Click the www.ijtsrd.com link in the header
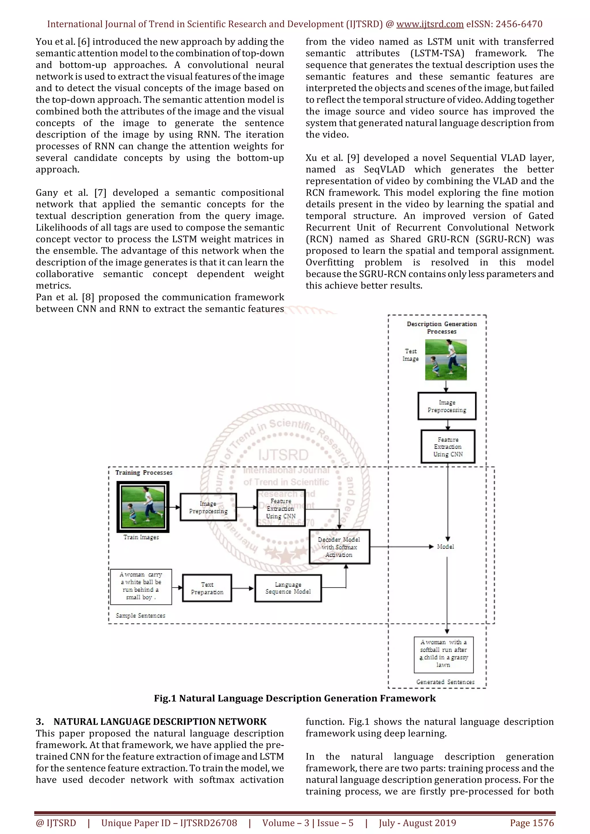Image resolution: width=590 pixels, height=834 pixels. (x=430, y=24)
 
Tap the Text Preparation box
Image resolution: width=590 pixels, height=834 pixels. (x=207, y=588)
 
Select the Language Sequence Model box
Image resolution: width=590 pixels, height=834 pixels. (x=288, y=588)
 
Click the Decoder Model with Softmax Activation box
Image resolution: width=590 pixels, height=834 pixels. (x=339, y=547)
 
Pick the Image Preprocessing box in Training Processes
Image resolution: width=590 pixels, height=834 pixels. (x=208, y=507)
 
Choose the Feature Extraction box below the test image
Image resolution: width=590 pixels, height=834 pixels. (x=448, y=447)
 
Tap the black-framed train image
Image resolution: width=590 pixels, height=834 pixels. (x=143, y=507)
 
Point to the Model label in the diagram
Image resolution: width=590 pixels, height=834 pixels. (x=445, y=547)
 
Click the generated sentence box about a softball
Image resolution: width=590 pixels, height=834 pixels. (x=444, y=655)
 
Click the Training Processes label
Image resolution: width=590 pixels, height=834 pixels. (x=144, y=473)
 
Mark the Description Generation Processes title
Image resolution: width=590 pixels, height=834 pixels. (x=442, y=327)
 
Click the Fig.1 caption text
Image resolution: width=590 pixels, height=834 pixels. (x=295, y=698)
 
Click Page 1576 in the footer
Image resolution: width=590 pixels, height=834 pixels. (x=532, y=823)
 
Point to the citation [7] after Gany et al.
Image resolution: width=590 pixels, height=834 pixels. (x=100, y=193)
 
